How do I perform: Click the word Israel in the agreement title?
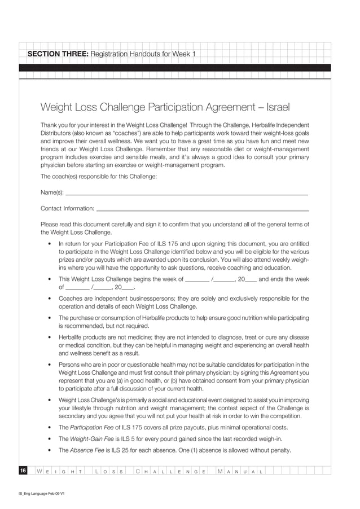(x=276, y=107)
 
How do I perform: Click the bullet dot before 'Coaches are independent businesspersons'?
(x=51, y=299)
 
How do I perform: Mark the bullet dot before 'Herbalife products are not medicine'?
(x=51, y=337)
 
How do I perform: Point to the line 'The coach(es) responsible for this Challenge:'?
(x=99, y=177)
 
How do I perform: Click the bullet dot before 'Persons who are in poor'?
(x=51, y=365)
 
